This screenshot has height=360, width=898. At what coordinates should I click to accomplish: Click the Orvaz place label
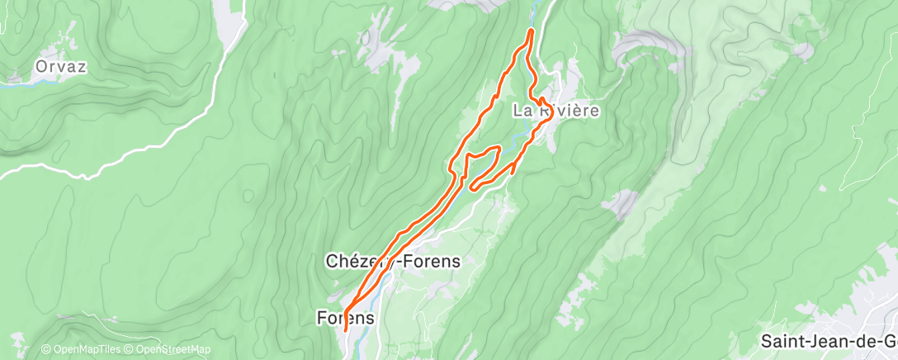point(61,65)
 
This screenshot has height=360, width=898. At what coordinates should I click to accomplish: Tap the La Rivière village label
point(555,110)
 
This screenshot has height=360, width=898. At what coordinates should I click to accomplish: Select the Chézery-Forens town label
point(393,261)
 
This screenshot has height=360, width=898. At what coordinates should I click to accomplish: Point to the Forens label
point(346,317)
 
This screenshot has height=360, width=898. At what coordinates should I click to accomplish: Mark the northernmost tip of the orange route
point(531,31)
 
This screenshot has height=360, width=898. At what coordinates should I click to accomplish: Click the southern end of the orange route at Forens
point(345,331)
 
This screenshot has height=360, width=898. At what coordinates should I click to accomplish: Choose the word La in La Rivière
point(522,110)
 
